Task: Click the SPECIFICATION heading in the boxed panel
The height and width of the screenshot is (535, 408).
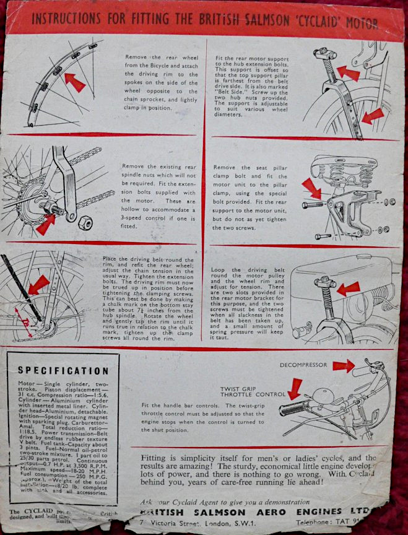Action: (63, 370)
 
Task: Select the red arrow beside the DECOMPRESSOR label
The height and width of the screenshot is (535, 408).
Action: (343, 366)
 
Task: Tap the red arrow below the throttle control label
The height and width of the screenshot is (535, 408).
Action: (295, 388)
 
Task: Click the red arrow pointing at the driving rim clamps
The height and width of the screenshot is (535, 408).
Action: (74, 81)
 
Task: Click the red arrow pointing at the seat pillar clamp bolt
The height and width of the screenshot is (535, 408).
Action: (311, 188)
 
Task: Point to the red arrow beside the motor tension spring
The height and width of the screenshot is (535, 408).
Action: (348, 288)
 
